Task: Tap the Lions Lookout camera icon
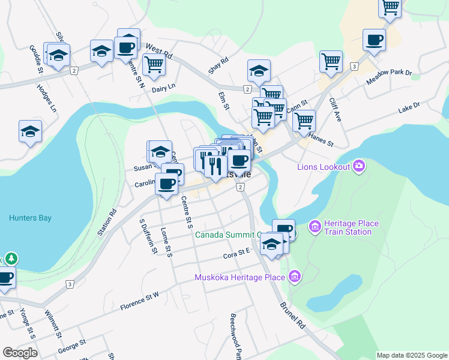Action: (x=359, y=166)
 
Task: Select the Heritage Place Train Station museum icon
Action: (x=315, y=227)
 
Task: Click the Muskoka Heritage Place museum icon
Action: (x=294, y=277)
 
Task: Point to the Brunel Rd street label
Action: (x=292, y=313)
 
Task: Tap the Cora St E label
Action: (x=236, y=254)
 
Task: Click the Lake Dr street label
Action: (x=409, y=108)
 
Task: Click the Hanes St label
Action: (x=321, y=140)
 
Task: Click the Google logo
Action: (x=20, y=353)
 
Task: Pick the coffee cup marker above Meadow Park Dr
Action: (x=374, y=40)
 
